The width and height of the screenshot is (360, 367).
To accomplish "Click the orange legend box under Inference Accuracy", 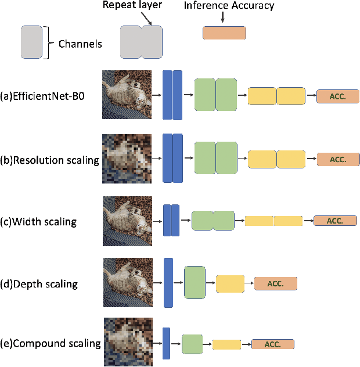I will coord(224,33).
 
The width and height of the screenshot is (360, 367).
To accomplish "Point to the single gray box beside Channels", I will coord(31,42).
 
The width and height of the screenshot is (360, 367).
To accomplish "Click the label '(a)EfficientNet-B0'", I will coord(42,96).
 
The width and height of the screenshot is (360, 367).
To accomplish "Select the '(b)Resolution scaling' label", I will coord(49,160).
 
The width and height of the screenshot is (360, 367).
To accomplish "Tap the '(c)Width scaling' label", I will coord(38,221).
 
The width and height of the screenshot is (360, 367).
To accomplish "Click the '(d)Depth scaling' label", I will coord(39,284).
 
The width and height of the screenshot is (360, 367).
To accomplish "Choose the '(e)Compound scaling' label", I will coord(50,343).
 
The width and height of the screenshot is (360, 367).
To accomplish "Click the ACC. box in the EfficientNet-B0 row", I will coord(337,96).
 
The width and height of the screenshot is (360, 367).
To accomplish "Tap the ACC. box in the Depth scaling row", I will coord(275,283).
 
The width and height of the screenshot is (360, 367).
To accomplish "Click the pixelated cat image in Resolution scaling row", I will coord(127,159).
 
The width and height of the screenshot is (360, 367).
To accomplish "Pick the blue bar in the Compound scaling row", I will coord(166,344).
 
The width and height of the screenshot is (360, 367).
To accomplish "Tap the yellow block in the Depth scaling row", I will coord(230,284).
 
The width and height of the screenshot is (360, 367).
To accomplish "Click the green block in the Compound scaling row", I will coord(192,344).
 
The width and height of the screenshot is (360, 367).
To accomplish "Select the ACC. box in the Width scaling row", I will coord(335,221).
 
